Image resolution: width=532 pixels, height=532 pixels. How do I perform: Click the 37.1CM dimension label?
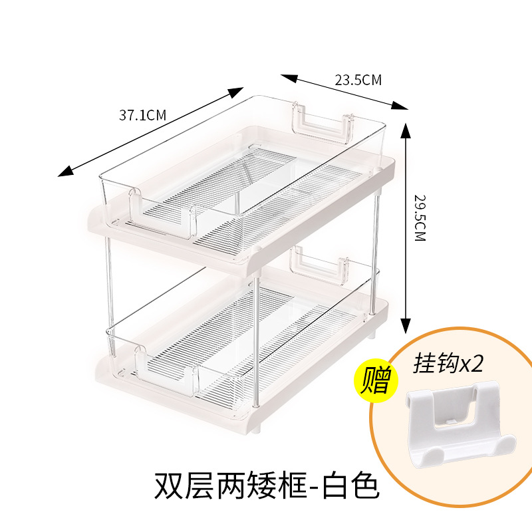coord(142,114)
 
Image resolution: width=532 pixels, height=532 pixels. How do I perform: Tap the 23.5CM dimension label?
coord(358,80)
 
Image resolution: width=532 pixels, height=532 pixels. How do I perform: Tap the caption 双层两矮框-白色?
coord(266,487)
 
